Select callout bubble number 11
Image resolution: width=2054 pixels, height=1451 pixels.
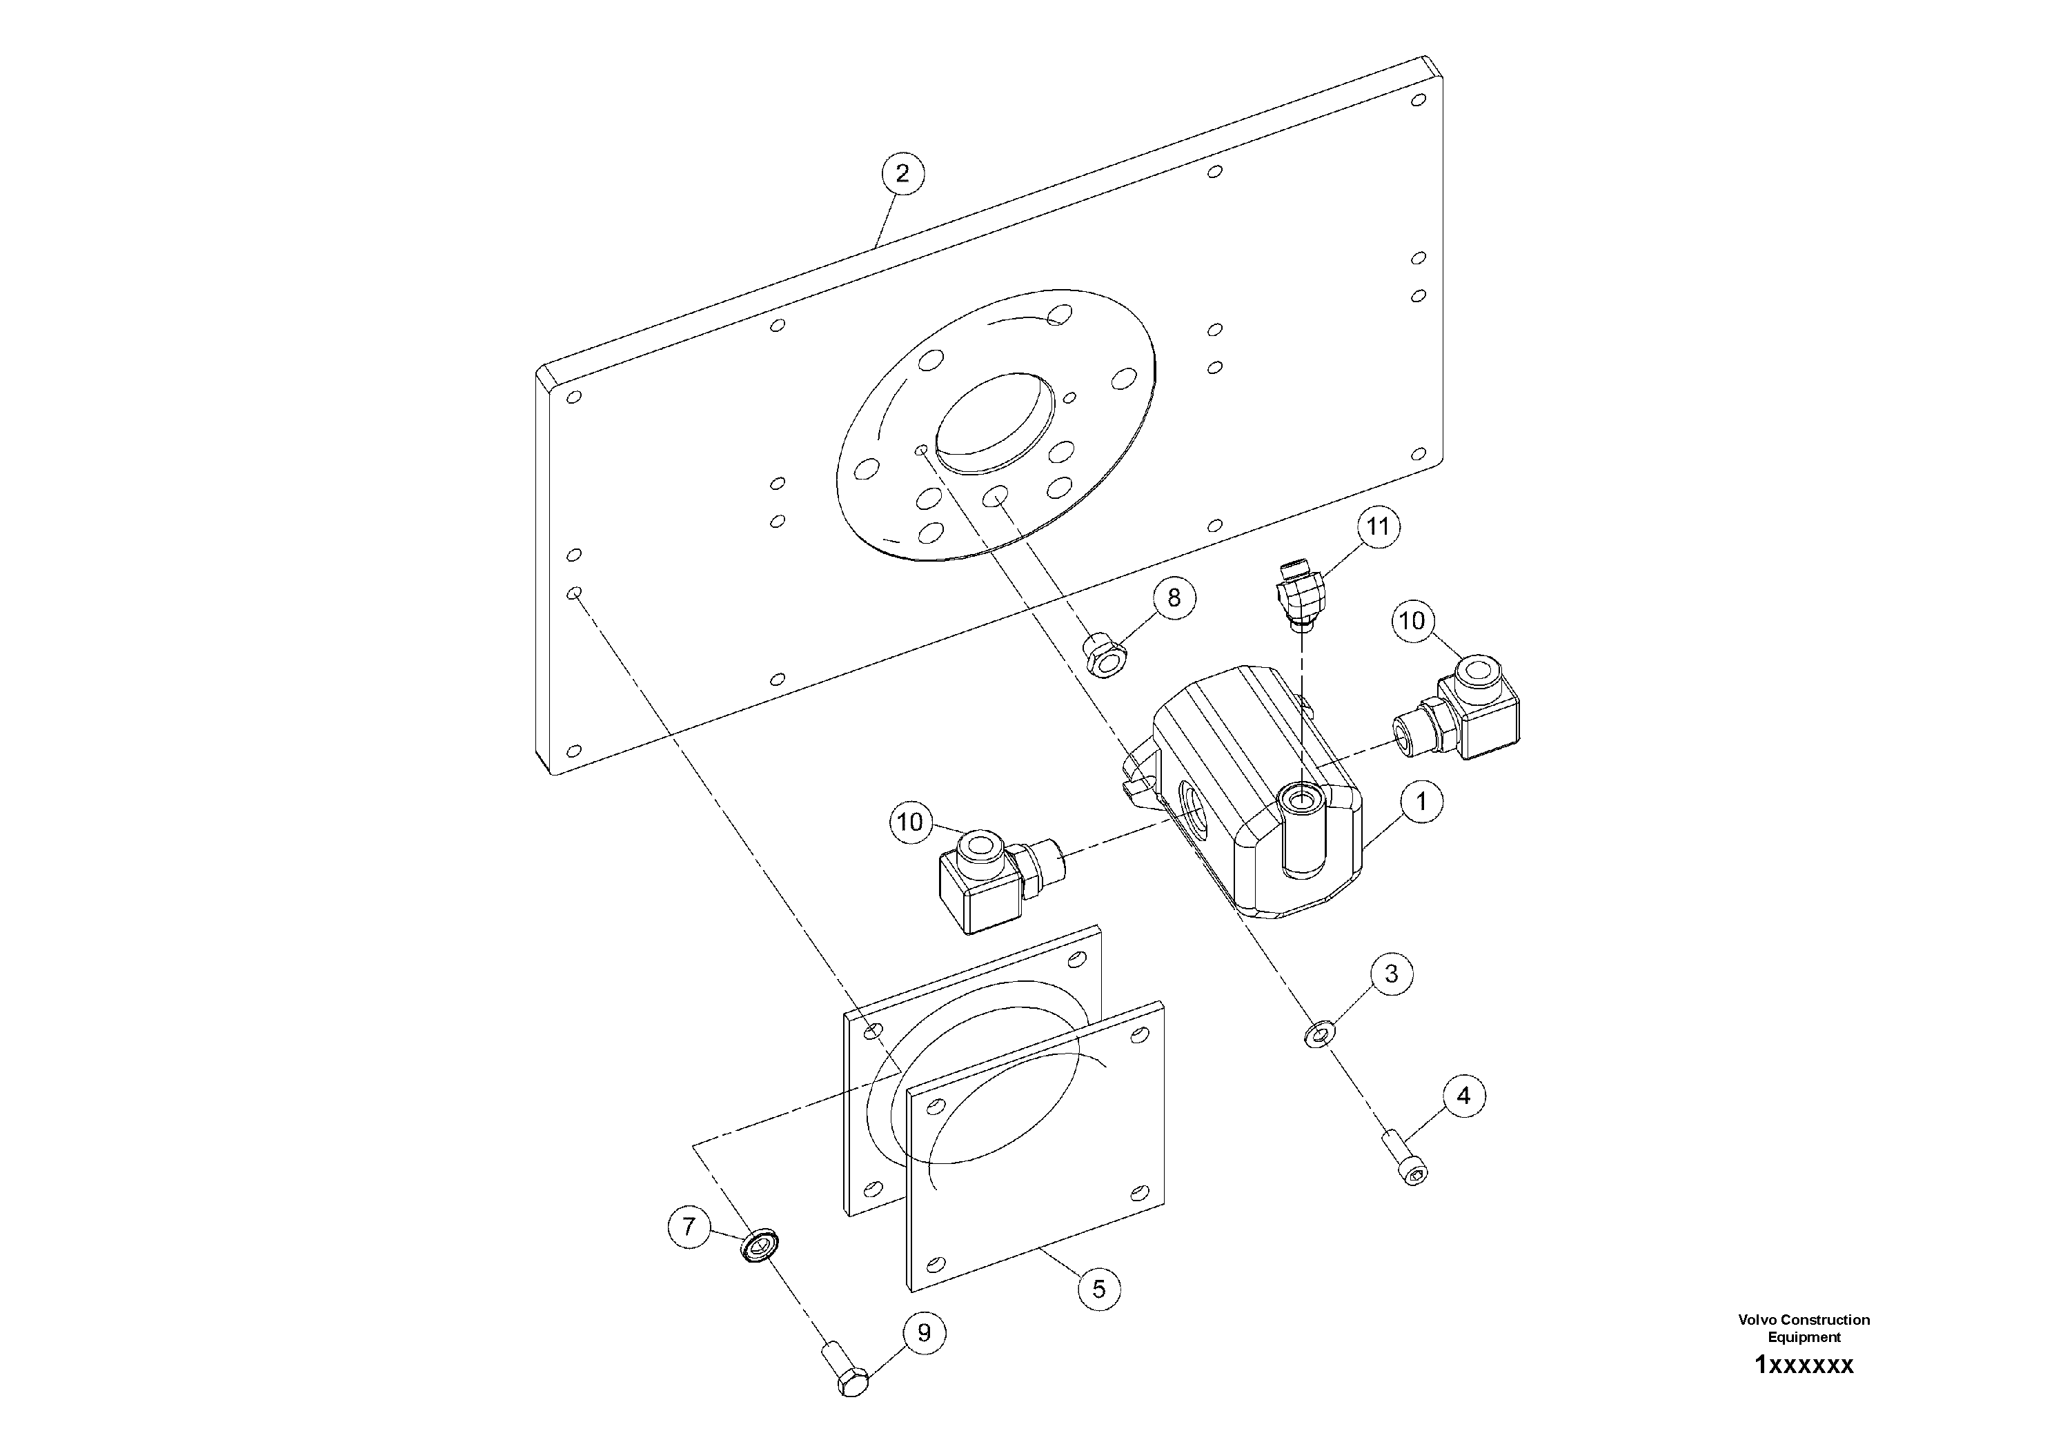pos(1378,527)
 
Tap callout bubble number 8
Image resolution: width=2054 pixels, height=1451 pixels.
pos(1174,598)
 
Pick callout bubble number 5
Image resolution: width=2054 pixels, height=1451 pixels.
pos(1098,1289)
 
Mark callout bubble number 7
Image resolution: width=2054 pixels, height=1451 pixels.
pos(689,1227)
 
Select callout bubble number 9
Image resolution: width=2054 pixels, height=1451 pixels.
pos(924,1358)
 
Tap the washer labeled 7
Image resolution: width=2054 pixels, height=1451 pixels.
pos(760,1246)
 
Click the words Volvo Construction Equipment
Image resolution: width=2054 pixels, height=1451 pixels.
pos(1804,1327)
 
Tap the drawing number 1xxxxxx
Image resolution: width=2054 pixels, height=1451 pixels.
pos(1804,1365)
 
